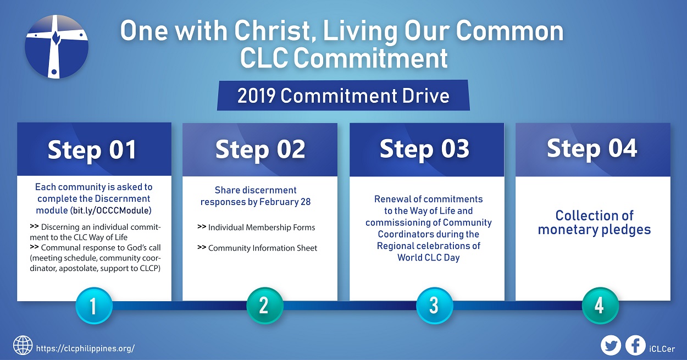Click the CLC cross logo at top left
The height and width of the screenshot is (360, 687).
[57, 47]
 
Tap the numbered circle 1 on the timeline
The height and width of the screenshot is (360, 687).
[94, 306]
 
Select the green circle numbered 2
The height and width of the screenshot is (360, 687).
[265, 306]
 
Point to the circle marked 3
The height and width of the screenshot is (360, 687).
[434, 306]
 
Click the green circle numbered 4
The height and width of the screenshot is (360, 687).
[600, 306]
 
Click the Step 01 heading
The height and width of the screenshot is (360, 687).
[92, 150]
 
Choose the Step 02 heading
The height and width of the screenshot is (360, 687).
[260, 149]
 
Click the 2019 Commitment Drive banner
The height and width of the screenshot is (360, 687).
[343, 96]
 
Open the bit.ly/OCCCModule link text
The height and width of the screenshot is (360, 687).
[111, 211]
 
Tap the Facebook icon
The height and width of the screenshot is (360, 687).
[635, 346]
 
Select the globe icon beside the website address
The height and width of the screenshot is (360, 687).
[23, 345]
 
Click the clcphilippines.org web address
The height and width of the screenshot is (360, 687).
[85, 348]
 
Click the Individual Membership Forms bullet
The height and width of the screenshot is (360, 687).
[257, 227]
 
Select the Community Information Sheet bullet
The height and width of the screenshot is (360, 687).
[257, 248]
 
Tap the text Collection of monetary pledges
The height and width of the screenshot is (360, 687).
[594, 223]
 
